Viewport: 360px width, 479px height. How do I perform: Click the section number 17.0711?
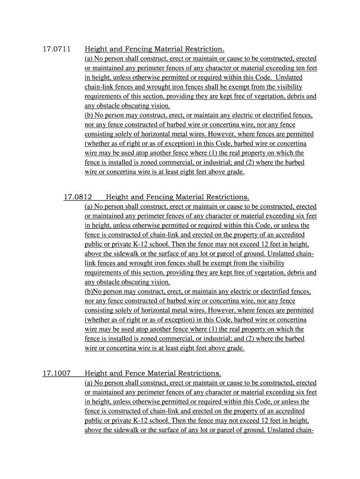point(53,49)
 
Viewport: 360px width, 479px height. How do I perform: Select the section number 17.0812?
point(78,197)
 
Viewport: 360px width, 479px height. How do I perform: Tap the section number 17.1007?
point(56,373)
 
